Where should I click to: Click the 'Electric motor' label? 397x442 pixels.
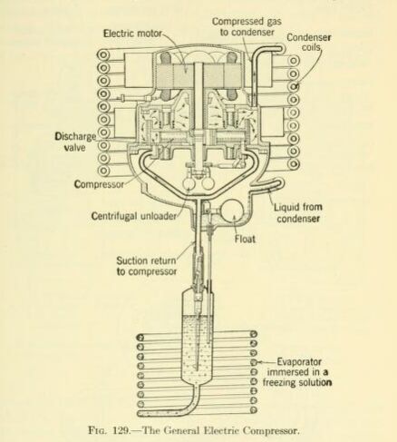tap(132, 33)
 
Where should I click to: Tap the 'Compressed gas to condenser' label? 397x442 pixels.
tap(247, 26)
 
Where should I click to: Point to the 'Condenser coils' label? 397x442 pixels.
tap(308, 43)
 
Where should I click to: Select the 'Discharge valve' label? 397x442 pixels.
tap(75, 142)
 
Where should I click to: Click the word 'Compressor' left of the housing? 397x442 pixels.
tap(99, 184)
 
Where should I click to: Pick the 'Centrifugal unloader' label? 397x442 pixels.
tap(134, 216)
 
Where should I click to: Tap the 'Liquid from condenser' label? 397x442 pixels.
tap(298, 212)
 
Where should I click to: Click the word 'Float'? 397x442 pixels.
tap(245, 239)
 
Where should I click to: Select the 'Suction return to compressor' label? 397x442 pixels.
tap(147, 266)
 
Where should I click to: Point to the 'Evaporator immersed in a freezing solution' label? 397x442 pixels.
tap(297, 372)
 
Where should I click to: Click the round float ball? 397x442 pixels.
tap(234, 214)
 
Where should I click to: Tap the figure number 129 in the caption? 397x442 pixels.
tap(121, 430)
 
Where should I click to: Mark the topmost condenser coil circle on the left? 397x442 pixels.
tap(103, 55)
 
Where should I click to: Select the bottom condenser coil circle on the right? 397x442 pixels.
tap(294, 163)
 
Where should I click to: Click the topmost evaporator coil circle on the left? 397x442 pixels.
tap(140, 338)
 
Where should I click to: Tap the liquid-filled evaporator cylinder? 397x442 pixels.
tap(198, 348)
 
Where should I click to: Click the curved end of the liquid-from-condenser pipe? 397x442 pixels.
tap(280, 182)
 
